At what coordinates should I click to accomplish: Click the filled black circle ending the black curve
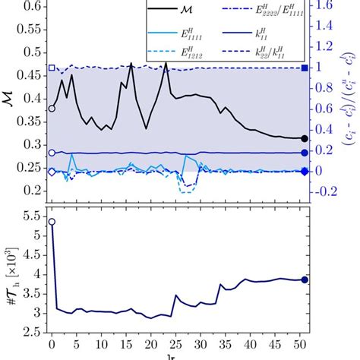coord(305,138)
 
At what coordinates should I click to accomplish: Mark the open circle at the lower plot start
coord(52,222)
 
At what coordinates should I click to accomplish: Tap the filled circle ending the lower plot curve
coord(305,279)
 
